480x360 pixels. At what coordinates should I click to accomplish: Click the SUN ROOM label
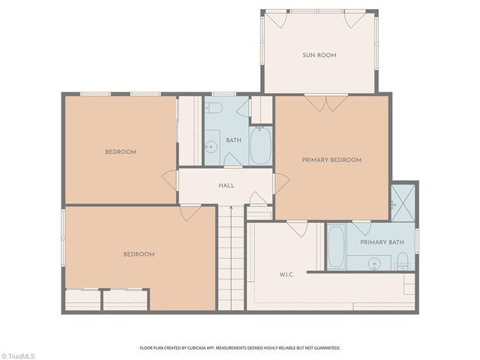pos(319,55)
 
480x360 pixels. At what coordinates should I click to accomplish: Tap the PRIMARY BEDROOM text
pos(331,160)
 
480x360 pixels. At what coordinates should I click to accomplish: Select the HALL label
pos(226,185)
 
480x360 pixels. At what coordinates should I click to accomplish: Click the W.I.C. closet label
pos(286,274)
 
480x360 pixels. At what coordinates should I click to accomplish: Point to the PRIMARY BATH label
pos(382,242)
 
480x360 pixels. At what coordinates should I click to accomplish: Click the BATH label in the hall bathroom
pos(233,139)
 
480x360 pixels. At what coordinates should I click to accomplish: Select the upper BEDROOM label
pos(120,152)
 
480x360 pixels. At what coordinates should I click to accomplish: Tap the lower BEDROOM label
pos(139,254)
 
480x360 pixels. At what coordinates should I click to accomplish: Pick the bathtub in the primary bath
pos(336,247)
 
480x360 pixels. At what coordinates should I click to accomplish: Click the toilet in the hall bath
pos(214,109)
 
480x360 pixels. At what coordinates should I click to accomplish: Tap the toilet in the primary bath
pos(403,261)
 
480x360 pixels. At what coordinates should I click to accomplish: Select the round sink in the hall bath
pos(211,146)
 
